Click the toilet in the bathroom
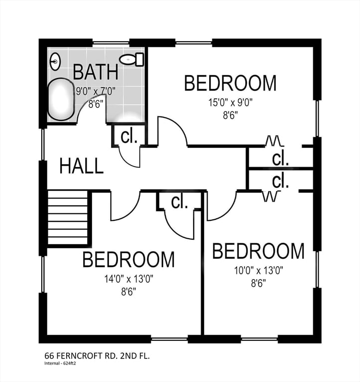131,59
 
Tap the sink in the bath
55,62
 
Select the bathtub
61,99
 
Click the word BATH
96,72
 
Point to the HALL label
82,166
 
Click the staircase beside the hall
68,217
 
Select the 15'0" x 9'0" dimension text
230,102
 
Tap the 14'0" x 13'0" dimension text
129,279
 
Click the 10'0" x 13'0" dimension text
258,271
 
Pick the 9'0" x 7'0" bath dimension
95,92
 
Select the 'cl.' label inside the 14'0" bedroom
179,202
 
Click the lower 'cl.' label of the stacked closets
280,181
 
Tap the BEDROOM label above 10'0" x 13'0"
258,251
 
